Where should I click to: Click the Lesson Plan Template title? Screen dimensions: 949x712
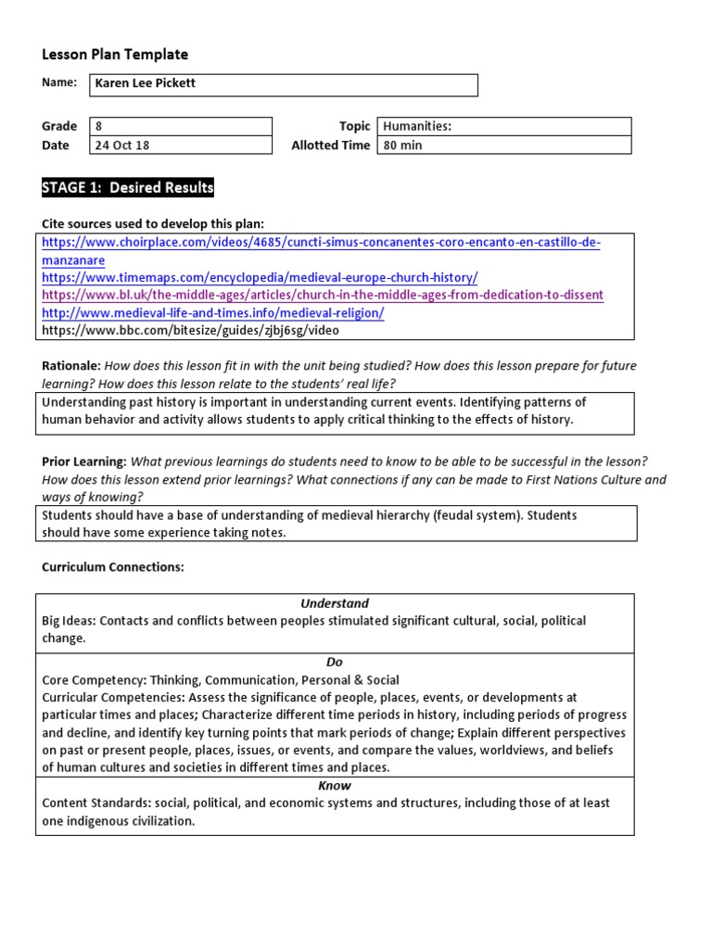pyautogui.click(x=115, y=55)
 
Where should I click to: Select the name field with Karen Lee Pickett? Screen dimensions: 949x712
pyautogui.click(x=284, y=84)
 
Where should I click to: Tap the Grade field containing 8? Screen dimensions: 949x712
pyautogui.click(x=180, y=126)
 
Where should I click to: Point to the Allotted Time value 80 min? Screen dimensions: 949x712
pyautogui.click(x=503, y=145)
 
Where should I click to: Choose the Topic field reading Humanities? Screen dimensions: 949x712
pyautogui.click(x=503, y=126)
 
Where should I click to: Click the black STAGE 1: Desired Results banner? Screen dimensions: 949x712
pyautogui.click(x=128, y=188)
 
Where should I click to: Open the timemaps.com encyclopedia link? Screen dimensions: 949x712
pyautogui.click(x=260, y=277)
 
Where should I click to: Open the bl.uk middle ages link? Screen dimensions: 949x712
pyautogui.click(x=323, y=295)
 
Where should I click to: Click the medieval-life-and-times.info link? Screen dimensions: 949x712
pyautogui.click(x=212, y=312)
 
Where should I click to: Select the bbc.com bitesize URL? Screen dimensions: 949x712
pyautogui.click(x=190, y=330)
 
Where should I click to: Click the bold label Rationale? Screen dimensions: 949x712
pyautogui.click(x=70, y=366)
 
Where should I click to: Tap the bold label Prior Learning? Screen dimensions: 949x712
pyautogui.click(x=83, y=462)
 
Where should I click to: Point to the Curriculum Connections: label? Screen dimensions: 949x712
pyautogui.click(x=113, y=567)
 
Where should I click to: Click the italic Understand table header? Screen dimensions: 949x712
pyautogui.click(x=335, y=603)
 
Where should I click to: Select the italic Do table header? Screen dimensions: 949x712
pyautogui.click(x=335, y=663)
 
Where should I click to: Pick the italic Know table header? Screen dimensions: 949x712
pyautogui.click(x=335, y=786)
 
